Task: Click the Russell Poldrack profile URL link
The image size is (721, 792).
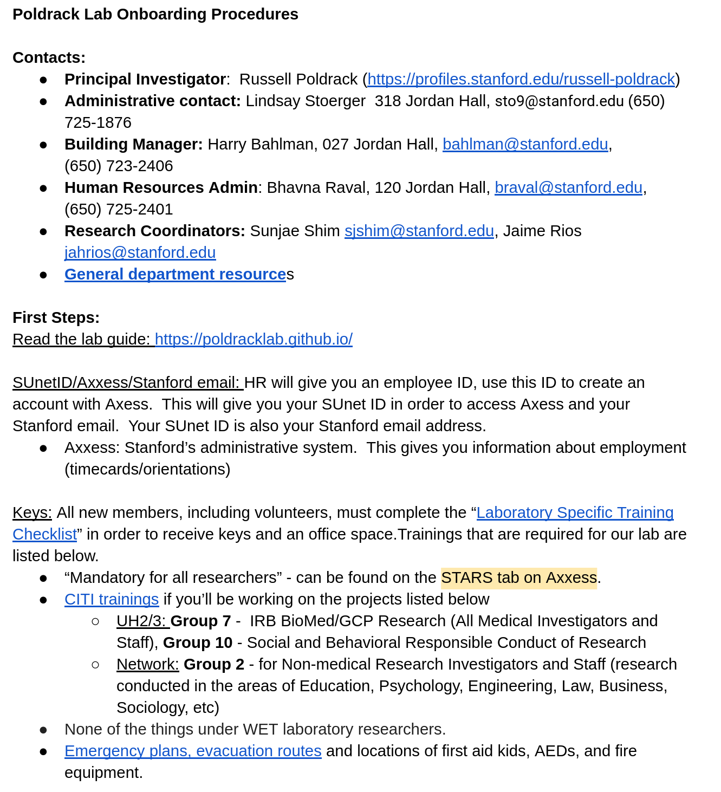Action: tap(521, 79)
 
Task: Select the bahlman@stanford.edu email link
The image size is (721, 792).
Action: tap(525, 144)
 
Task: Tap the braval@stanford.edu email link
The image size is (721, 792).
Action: tap(568, 187)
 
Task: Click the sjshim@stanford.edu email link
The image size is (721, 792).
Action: tap(419, 231)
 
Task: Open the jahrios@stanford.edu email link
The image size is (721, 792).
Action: tap(140, 252)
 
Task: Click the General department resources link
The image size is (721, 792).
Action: tap(175, 274)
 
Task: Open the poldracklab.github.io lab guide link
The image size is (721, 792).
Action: tap(254, 339)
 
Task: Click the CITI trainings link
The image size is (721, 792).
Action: tap(112, 599)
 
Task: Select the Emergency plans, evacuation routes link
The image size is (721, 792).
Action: tap(193, 751)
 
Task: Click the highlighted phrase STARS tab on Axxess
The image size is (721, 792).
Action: tap(519, 577)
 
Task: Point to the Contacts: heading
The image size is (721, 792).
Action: tap(49, 57)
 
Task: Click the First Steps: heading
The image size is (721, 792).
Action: tap(56, 317)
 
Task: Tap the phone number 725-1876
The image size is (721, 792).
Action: tap(98, 122)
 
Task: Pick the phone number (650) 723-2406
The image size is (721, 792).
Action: tap(119, 166)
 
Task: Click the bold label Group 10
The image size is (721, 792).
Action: tap(198, 642)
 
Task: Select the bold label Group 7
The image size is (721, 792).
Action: tap(201, 621)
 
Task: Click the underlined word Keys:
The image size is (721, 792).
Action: tap(32, 512)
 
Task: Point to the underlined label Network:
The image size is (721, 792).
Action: tap(147, 664)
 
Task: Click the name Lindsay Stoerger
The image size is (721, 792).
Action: tap(306, 101)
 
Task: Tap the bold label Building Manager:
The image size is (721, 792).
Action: tap(133, 144)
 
